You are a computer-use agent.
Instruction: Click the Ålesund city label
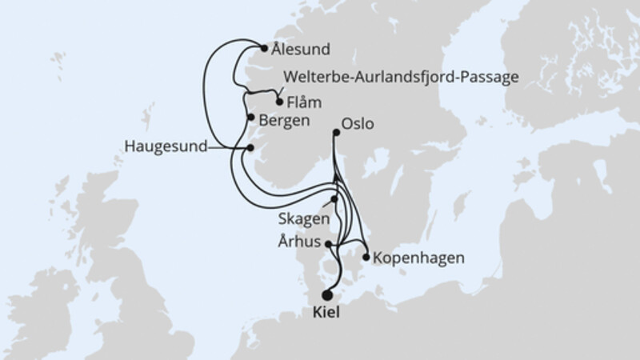301,49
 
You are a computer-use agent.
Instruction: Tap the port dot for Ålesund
265,47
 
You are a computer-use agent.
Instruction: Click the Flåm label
302,102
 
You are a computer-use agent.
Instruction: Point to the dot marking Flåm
279,102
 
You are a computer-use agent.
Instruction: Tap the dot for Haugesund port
250,148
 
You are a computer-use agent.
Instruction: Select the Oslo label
358,124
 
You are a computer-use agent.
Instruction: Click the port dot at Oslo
336,134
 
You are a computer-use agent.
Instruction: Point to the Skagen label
301,218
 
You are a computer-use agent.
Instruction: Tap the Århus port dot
328,243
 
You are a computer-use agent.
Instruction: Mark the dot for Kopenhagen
366,258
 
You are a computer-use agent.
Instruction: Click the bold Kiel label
325,313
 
